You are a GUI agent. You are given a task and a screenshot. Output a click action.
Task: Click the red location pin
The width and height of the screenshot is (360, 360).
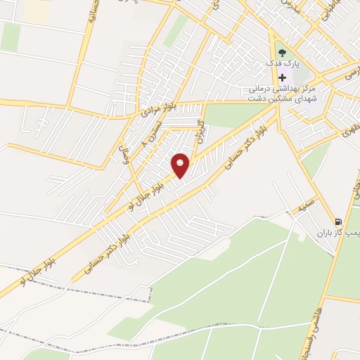(x=181, y=165)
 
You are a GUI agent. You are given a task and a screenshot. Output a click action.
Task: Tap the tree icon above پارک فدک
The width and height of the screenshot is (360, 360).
(x=282, y=53)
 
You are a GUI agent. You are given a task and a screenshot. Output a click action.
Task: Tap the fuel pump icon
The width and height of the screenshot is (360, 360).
(x=340, y=220)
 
